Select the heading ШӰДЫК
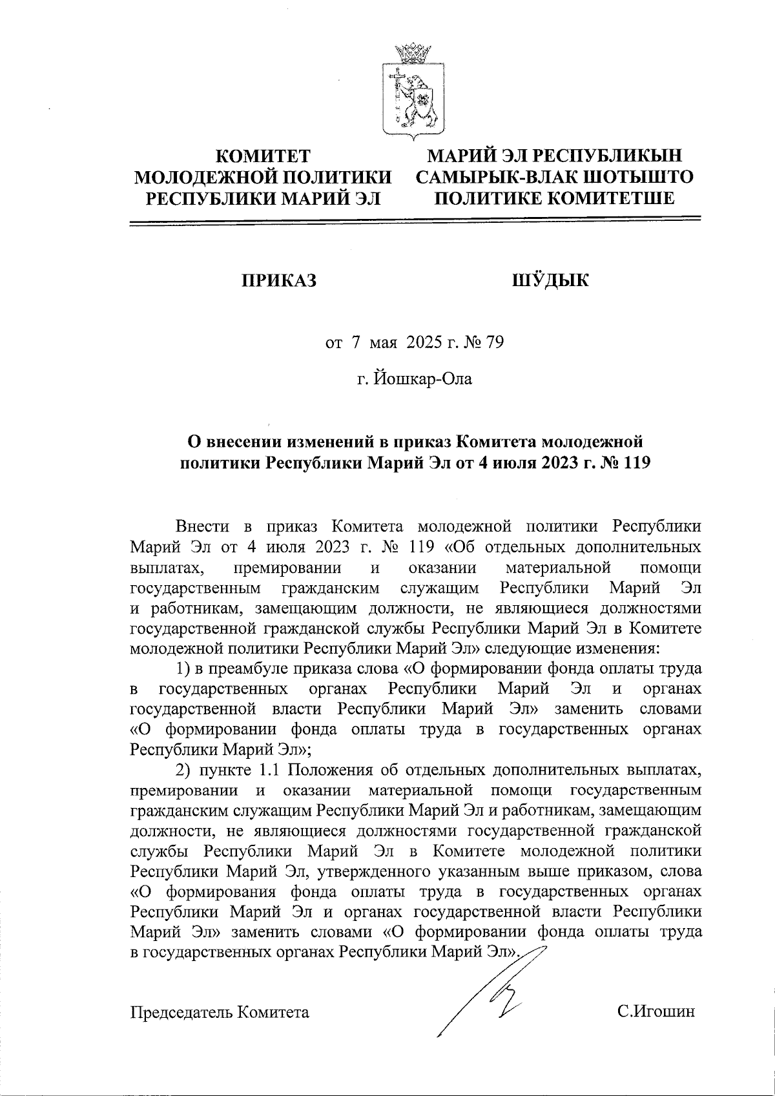click(550, 280)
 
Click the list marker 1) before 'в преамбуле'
click(183, 668)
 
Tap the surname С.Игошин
click(656, 1011)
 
